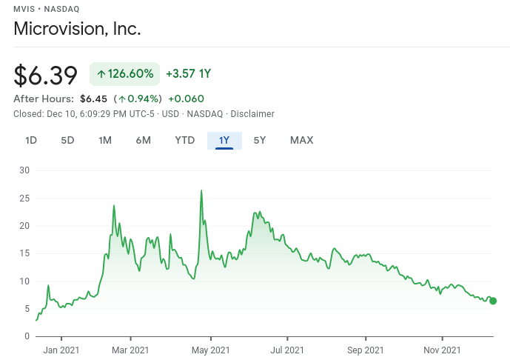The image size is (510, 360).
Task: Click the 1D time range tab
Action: (x=31, y=140)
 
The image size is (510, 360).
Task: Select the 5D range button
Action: (x=67, y=140)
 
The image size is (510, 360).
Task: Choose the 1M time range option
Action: (x=105, y=140)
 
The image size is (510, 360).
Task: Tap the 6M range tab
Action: (x=144, y=140)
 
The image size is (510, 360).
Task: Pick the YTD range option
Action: (x=185, y=140)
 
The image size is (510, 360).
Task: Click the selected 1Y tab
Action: (x=224, y=140)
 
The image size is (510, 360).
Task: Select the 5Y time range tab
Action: (x=260, y=140)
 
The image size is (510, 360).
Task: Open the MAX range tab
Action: (x=301, y=140)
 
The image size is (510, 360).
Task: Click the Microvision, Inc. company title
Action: (x=77, y=29)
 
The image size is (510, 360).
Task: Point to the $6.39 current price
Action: (x=46, y=75)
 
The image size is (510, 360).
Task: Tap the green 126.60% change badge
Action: (x=124, y=74)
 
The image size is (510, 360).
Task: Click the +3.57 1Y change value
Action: (x=188, y=74)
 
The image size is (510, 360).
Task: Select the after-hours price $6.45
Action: (x=93, y=99)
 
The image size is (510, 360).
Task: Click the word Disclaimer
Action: (x=252, y=114)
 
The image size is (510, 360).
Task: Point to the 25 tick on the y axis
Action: (x=24, y=198)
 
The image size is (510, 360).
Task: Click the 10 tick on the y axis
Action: (x=24, y=281)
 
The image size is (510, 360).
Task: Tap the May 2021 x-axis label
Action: (x=209, y=350)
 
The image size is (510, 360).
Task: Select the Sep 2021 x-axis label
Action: (x=365, y=350)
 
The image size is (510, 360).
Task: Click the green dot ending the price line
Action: (x=493, y=301)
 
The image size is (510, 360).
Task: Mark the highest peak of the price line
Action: (x=201, y=190)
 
